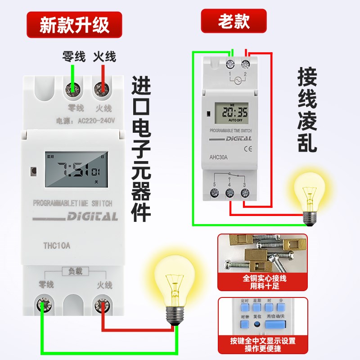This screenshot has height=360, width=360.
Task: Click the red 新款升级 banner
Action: (74, 24)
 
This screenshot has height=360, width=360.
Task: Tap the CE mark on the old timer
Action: (247, 148)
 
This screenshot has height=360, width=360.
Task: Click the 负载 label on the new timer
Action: (75, 271)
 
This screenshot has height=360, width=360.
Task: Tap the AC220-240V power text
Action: (85, 121)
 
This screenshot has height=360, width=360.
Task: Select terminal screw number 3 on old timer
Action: (245, 193)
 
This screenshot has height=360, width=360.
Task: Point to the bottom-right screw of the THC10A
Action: (102, 308)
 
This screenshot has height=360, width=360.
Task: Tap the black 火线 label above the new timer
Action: (104, 57)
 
